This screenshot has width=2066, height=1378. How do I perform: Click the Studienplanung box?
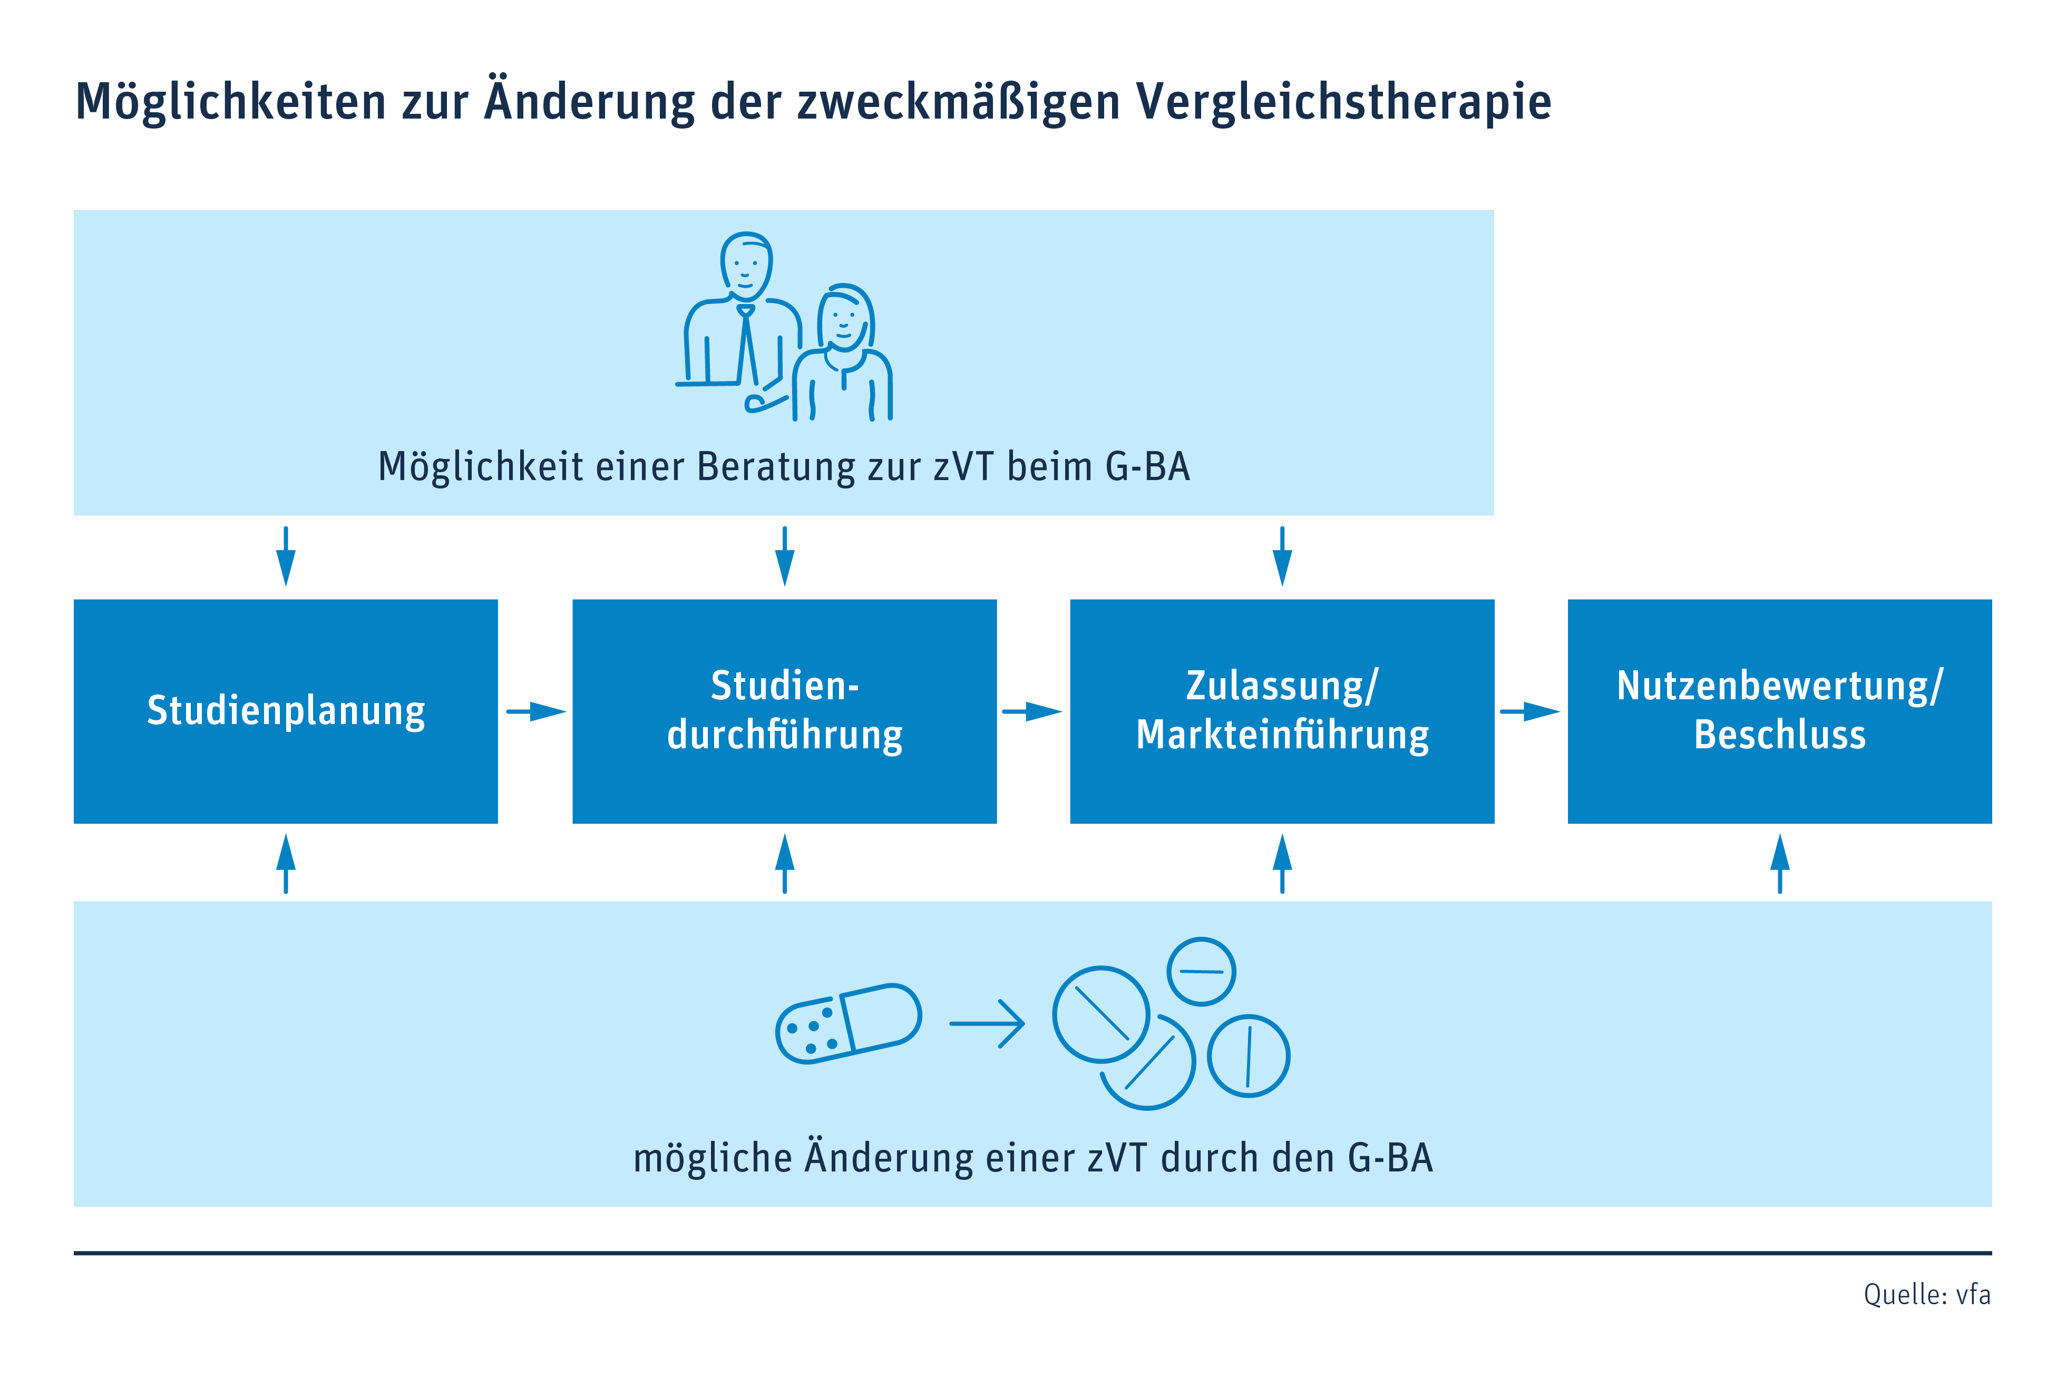[286, 711]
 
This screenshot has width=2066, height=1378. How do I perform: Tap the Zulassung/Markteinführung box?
[1282, 711]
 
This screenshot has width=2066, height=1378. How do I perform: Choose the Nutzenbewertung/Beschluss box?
[1779, 711]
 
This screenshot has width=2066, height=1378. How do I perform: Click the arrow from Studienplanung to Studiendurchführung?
[536, 711]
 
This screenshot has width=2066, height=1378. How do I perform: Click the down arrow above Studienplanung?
[286, 556]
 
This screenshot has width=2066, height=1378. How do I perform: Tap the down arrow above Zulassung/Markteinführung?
[1282, 556]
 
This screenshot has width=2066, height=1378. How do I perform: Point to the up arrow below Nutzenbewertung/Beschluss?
[1779, 863]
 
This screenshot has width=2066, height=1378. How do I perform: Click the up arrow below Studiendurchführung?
[785, 863]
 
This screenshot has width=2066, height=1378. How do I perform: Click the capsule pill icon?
[848, 1024]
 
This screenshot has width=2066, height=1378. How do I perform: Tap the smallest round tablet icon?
[1201, 971]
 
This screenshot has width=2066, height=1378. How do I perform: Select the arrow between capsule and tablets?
[987, 1024]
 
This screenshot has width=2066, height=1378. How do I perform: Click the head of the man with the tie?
[746, 266]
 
